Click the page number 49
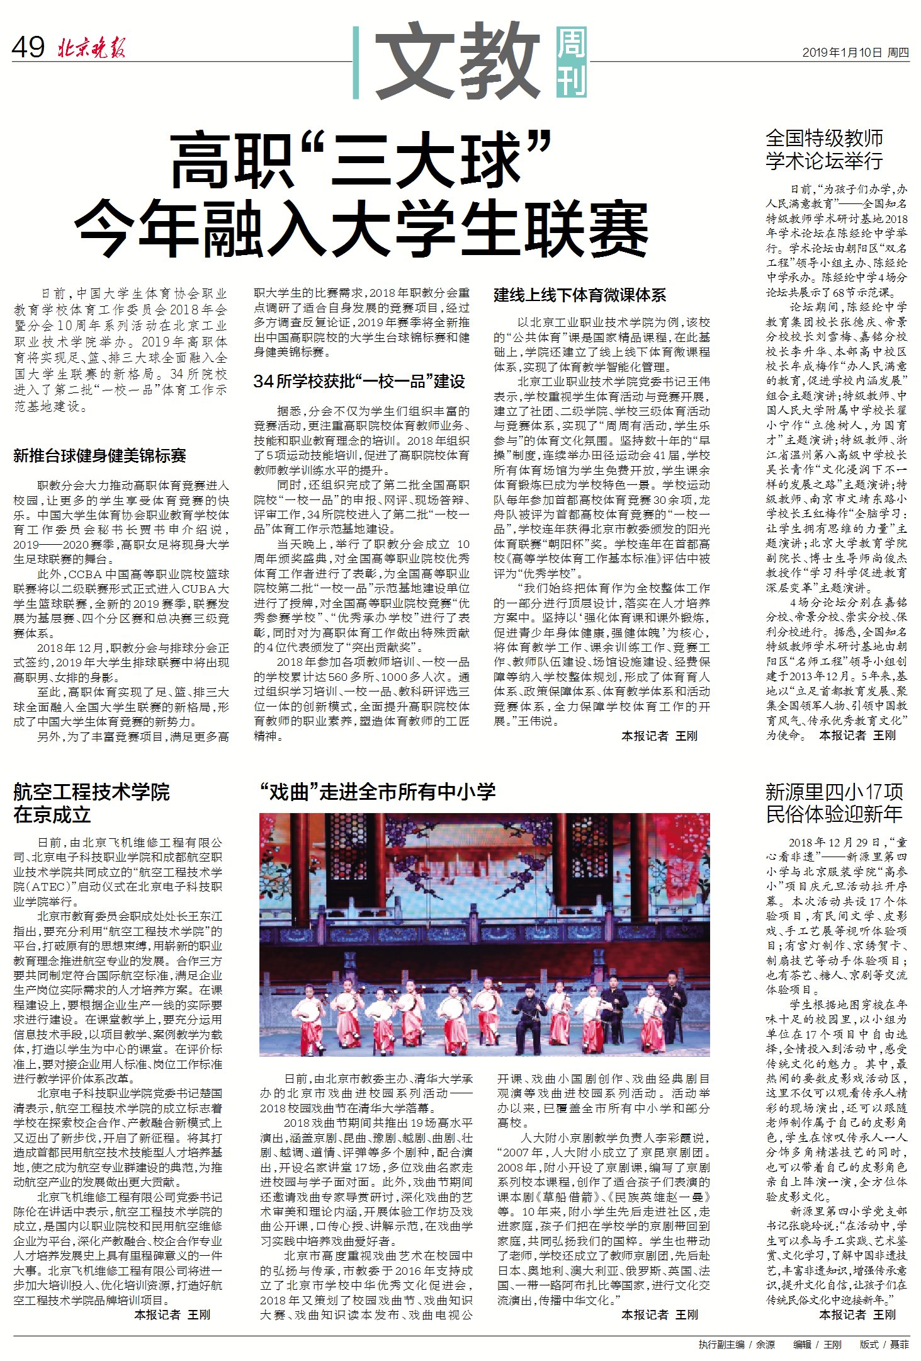tap(28, 47)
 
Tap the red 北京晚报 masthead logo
tap(92, 48)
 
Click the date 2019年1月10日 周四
tap(855, 53)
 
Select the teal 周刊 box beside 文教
tap(571, 62)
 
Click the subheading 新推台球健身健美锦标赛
tap(99, 455)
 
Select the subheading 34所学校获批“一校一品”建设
tap(359, 381)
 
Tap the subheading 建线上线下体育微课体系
tap(579, 295)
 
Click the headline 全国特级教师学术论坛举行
tap(824, 149)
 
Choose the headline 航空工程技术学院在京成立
tap(91, 803)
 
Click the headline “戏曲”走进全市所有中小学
tap(377, 792)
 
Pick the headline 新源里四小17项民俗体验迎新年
tap(834, 803)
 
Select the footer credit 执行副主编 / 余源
tap(736, 1345)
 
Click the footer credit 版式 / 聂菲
tap(884, 1345)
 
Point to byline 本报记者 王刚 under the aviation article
tap(172, 1314)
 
